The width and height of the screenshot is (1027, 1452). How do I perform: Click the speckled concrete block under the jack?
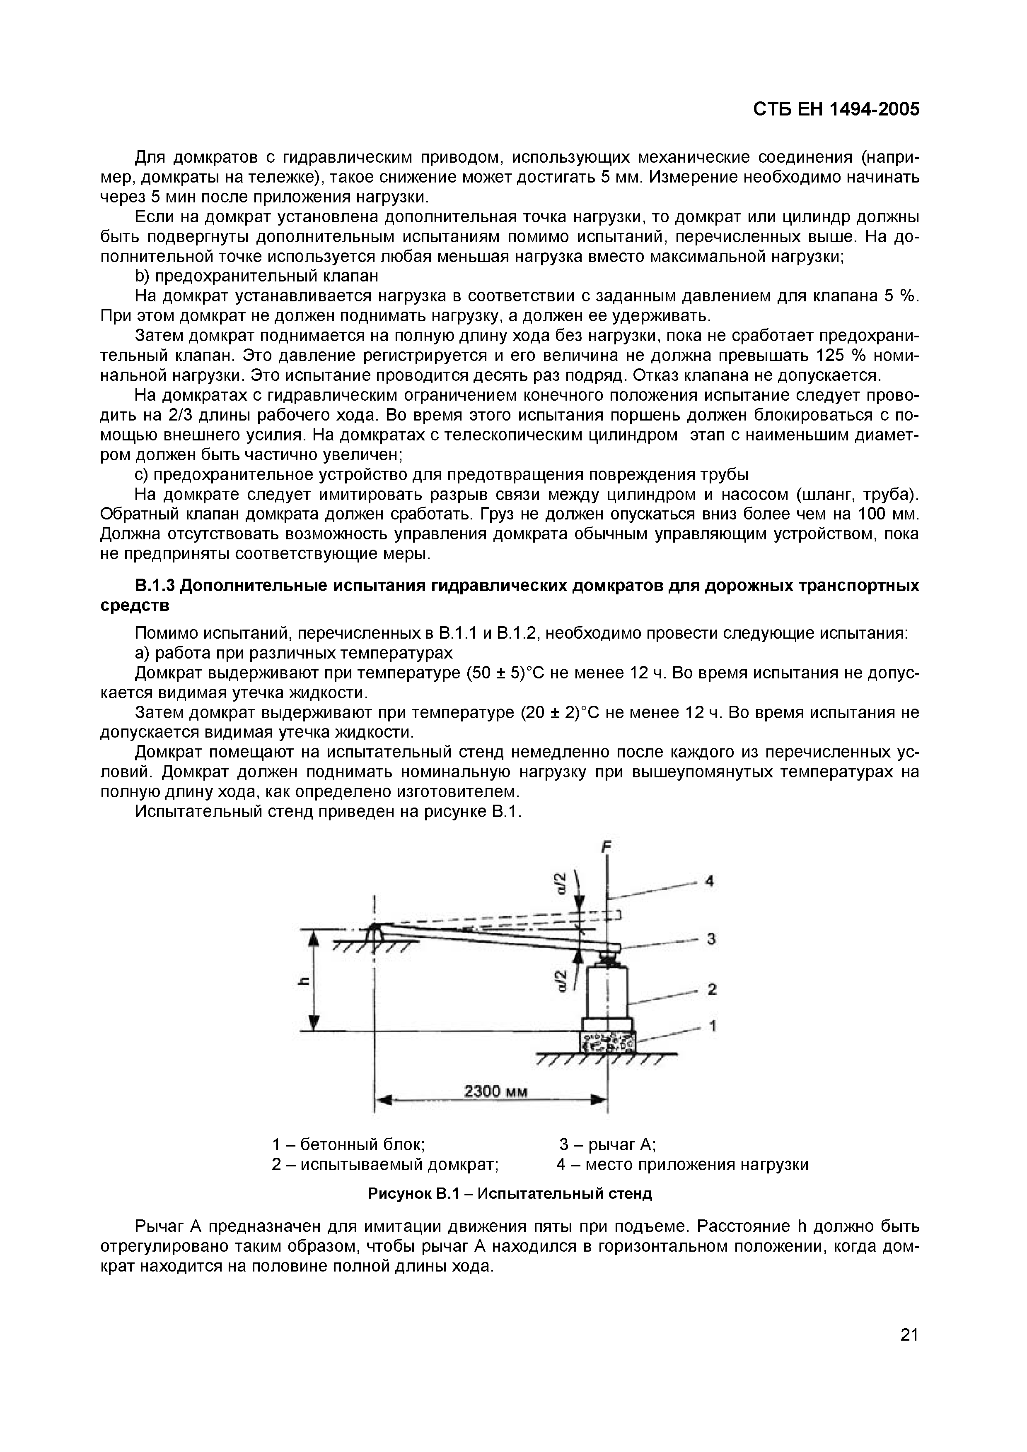[607, 1041]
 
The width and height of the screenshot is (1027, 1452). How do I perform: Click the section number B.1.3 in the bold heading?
[155, 586]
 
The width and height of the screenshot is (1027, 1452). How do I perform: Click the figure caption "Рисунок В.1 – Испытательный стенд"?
[510, 1193]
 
